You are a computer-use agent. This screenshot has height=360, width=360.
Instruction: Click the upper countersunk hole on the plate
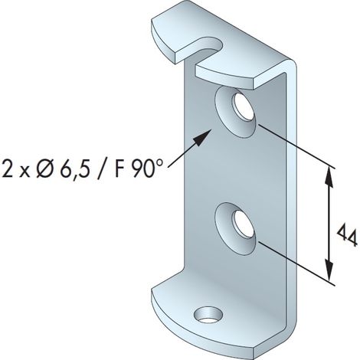point(235,112)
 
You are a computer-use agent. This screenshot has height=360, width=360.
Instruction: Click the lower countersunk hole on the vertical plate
point(235,228)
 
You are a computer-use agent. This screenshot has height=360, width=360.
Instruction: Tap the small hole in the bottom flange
point(208,315)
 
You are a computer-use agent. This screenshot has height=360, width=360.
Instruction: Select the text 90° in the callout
point(147,168)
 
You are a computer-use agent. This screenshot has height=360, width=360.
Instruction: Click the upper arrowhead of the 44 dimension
point(329,178)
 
